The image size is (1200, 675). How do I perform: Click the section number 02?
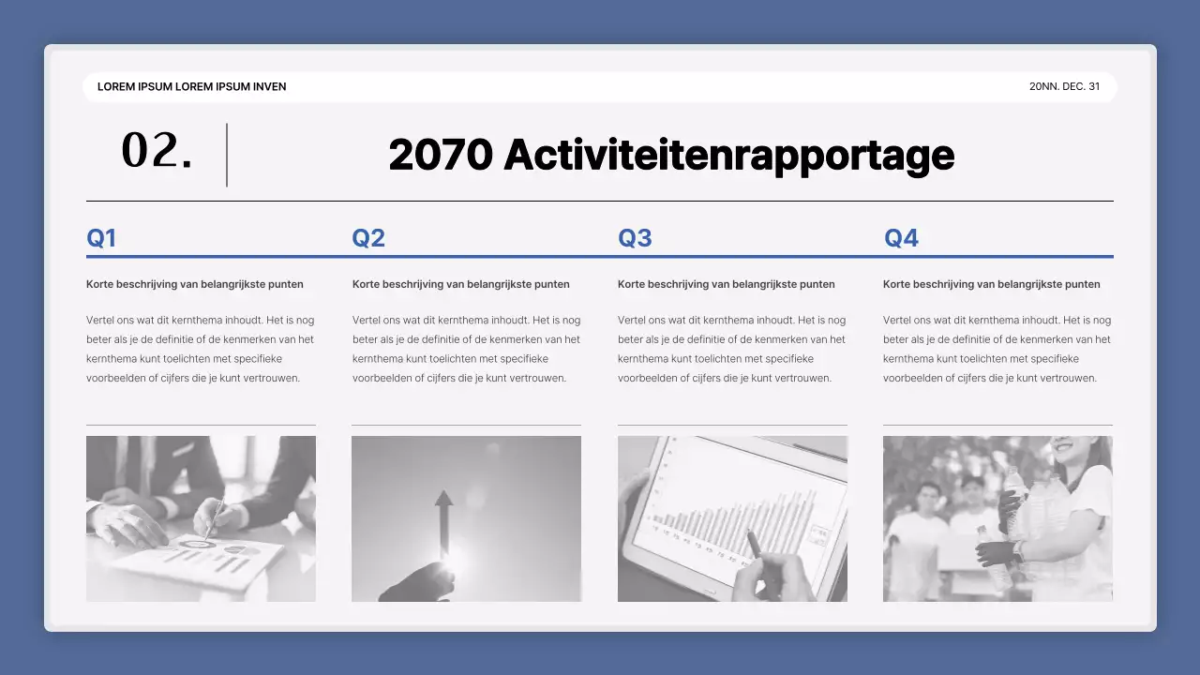(x=157, y=152)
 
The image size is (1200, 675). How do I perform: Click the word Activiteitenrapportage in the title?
(x=728, y=155)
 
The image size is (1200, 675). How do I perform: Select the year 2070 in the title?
(x=441, y=155)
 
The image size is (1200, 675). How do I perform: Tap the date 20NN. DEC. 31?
(x=1065, y=86)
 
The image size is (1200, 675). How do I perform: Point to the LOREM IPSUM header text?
(x=192, y=86)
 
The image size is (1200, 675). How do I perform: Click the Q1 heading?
(x=101, y=238)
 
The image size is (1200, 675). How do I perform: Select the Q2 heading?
(x=368, y=238)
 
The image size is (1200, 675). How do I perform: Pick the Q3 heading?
(x=635, y=238)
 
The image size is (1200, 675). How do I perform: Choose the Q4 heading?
(x=901, y=238)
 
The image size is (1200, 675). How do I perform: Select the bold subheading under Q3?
(x=726, y=284)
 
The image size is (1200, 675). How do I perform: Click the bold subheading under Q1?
(x=195, y=284)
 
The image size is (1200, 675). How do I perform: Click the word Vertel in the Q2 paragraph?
(x=367, y=320)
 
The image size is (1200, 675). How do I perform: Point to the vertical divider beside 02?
(x=227, y=155)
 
